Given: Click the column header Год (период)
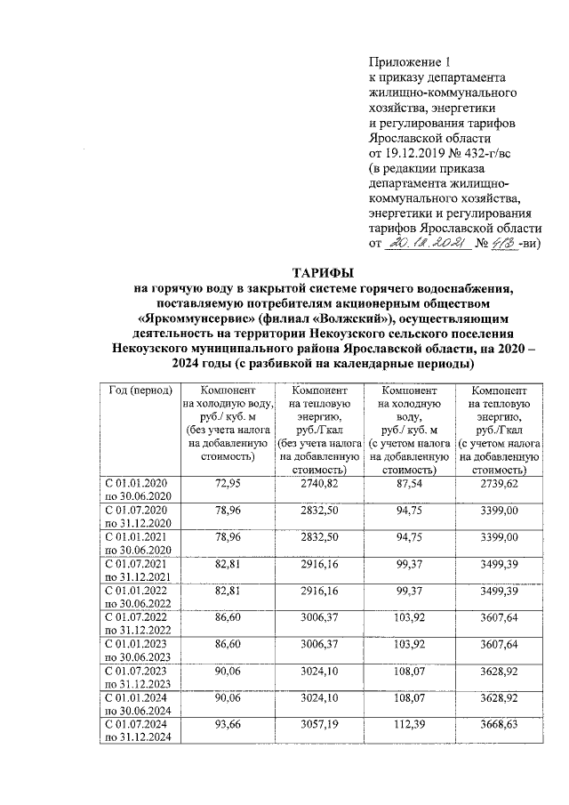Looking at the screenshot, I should click(x=135, y=391).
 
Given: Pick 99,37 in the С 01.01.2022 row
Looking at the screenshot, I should click(x=408, y=591).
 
